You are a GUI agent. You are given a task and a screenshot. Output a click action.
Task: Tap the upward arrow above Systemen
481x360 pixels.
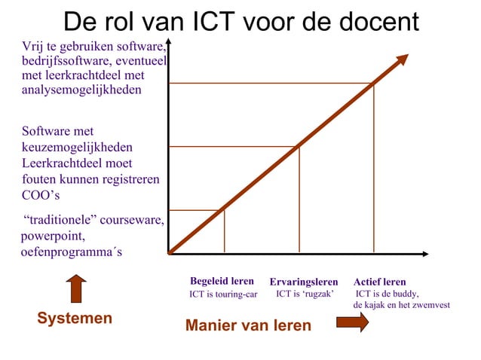click(x=76, y=288)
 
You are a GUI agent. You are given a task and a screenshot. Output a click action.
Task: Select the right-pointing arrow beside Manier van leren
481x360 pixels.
click(x=351, y=322)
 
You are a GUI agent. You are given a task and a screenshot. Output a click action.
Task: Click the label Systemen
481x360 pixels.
click(x=75, y=319)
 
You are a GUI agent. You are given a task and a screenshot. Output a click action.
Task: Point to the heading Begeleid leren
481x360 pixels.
click(x=222, y=282)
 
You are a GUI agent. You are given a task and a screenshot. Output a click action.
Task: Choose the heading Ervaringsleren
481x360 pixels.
click(x=304, y=282)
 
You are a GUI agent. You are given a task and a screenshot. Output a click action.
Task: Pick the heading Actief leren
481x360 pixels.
click(x=379, y=282)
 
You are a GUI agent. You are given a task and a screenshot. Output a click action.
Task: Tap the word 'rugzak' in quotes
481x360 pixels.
click(x=317, y=294)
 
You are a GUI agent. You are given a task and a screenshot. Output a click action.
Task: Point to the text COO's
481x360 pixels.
click(x=41, y=195)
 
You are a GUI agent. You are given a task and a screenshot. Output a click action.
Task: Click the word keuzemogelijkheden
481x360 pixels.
click(x=77, y=148)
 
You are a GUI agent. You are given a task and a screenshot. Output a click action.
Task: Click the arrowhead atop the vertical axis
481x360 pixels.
click(x=169, y=43)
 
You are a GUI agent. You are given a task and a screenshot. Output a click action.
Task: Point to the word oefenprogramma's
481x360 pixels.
click(x=71, y=252)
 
